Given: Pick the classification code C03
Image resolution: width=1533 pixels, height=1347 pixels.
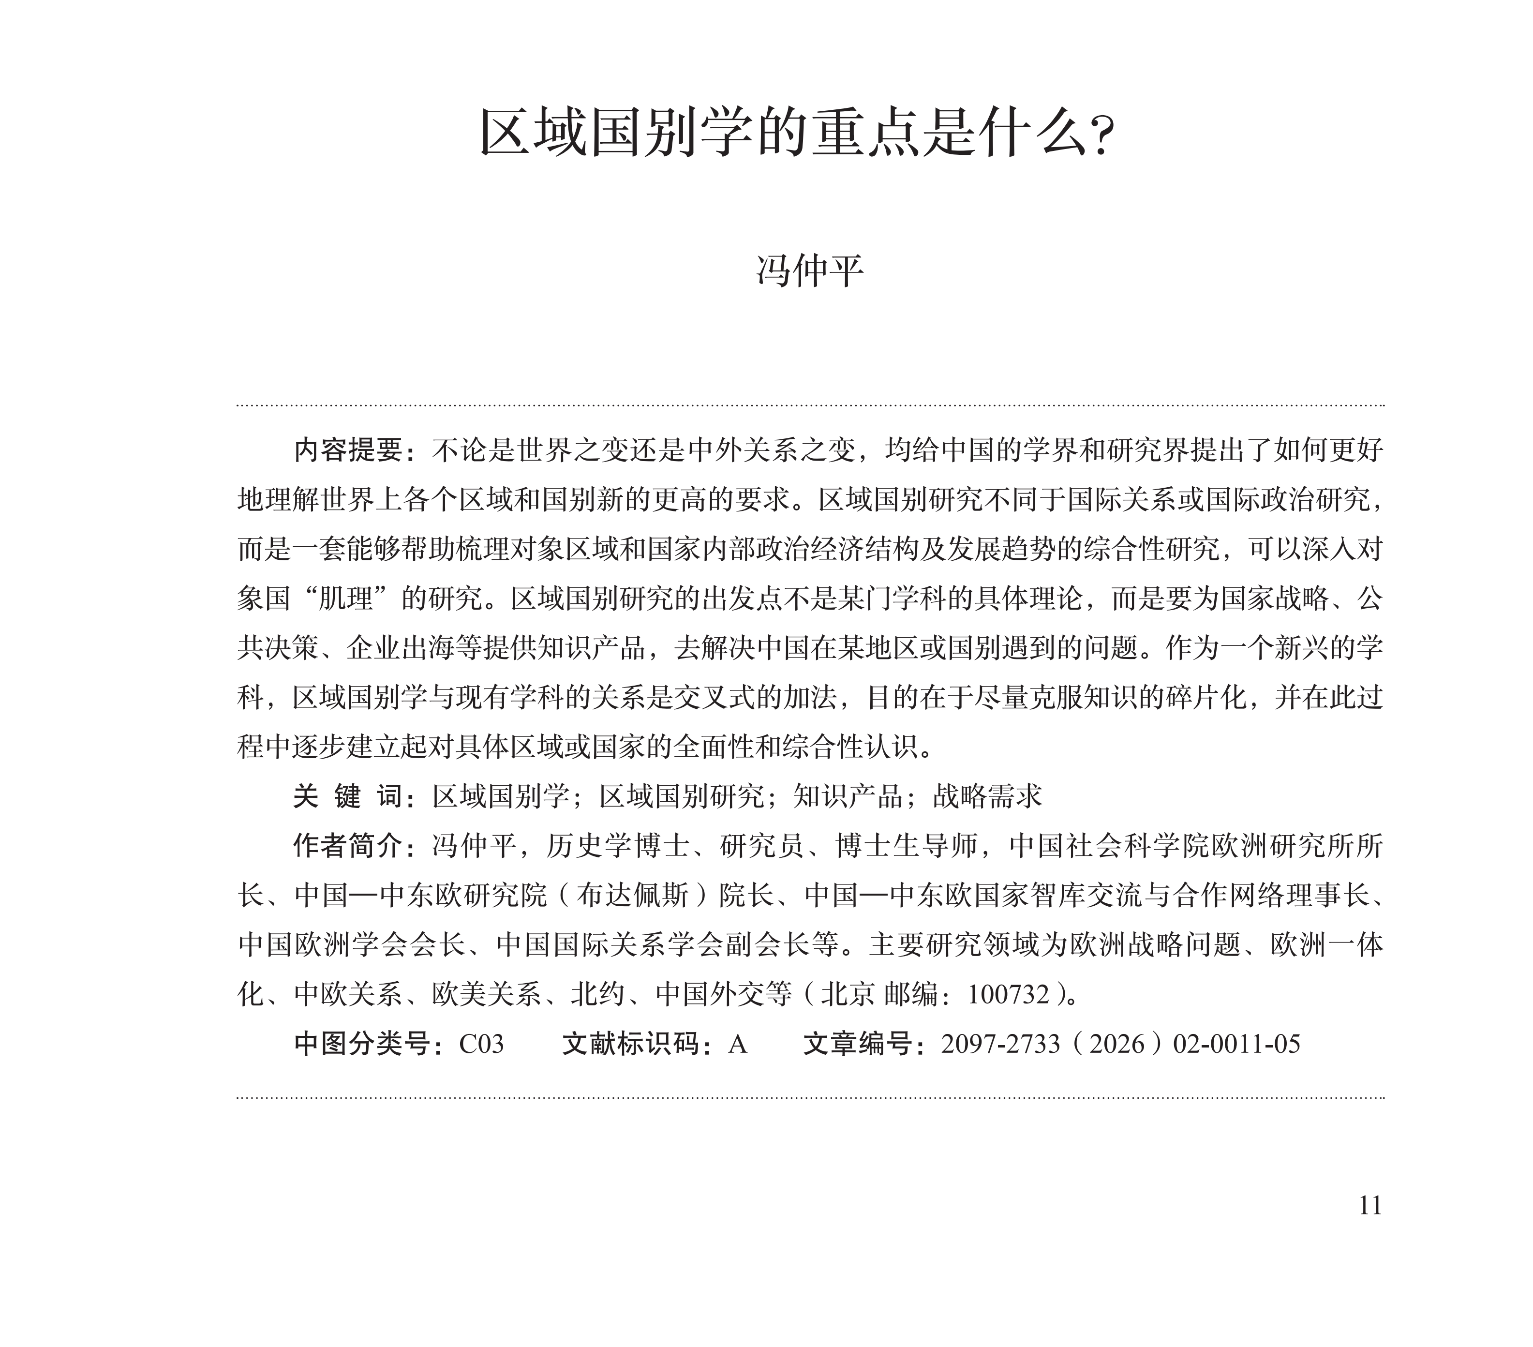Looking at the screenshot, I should coord(481,1043).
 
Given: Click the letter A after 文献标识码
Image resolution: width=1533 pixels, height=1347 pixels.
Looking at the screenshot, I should coord(737,1043).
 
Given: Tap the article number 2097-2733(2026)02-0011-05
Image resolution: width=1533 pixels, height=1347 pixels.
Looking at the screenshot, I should coord(1120,1043).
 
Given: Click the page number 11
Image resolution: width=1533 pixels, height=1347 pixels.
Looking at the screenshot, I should coord(1369,1205).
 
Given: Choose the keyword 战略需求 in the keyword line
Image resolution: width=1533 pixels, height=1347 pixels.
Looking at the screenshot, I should coord(988,796).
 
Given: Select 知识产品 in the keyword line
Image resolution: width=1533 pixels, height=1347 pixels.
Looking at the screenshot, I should coord(848,796).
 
